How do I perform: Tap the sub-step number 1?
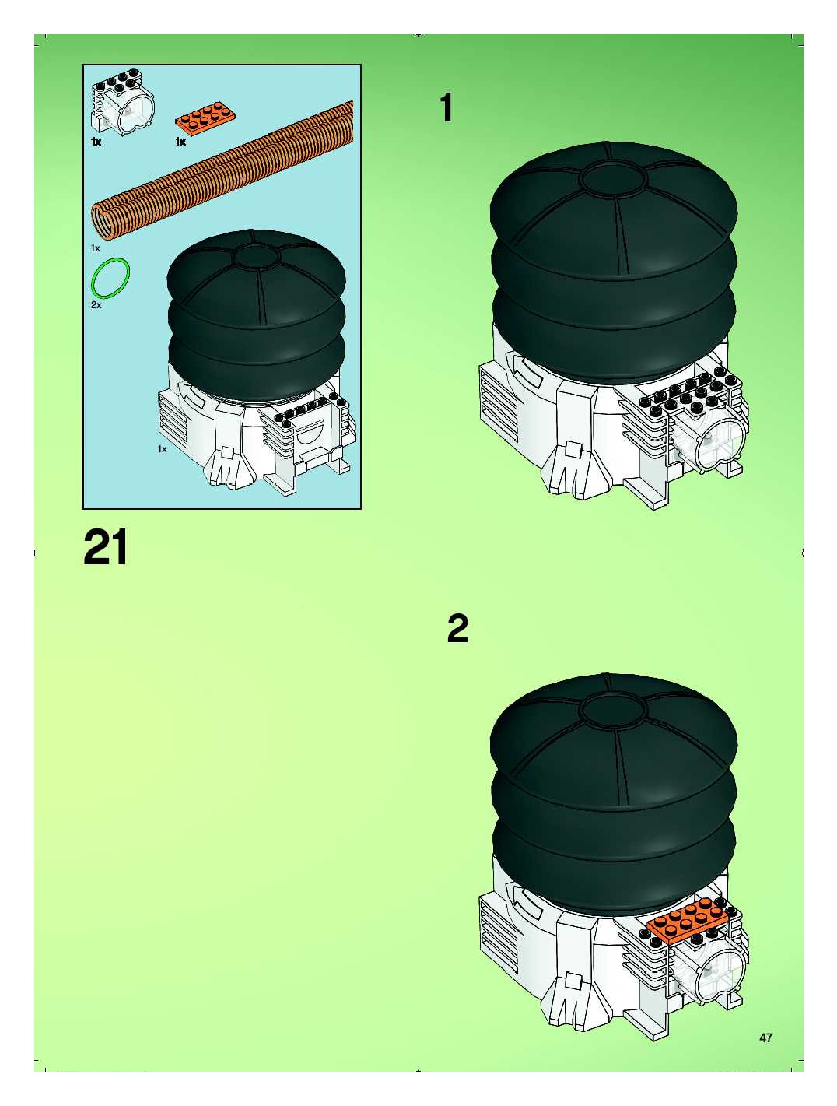pos(446,109)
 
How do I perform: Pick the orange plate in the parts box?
pos(205,118)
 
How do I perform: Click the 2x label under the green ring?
pos(96,304)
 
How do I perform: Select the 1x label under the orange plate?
pos(180,142)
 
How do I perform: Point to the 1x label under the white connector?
pos(96,142)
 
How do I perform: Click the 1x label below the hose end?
pos(95,248)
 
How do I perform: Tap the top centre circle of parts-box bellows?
pos(256,257)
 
